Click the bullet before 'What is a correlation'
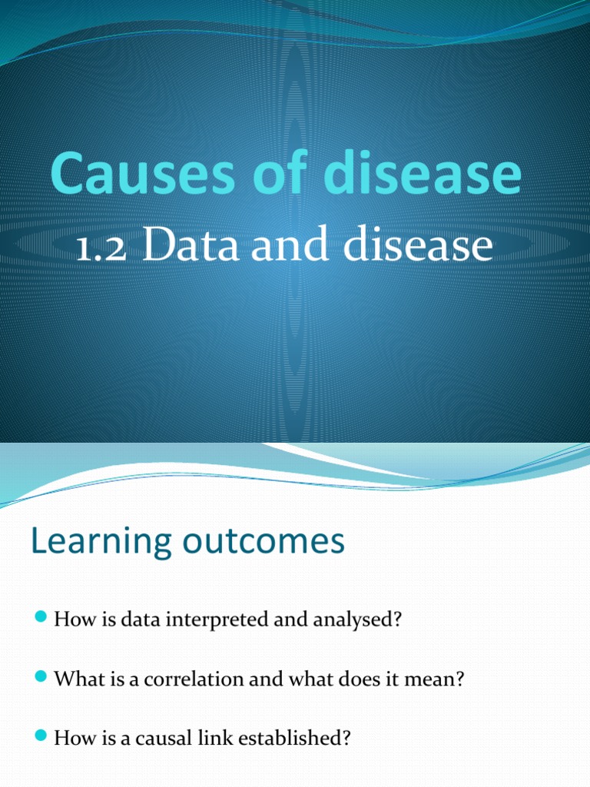click(41, 679)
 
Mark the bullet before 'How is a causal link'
click(41, 738)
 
